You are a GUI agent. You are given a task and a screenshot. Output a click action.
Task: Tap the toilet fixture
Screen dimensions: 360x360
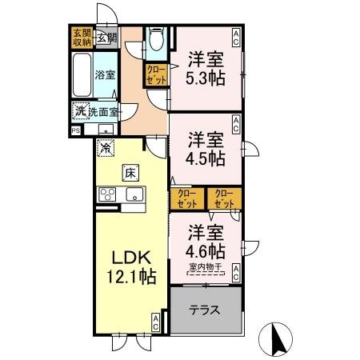point(157,40)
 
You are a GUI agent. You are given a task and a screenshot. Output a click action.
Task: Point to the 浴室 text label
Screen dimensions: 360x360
point(106,75)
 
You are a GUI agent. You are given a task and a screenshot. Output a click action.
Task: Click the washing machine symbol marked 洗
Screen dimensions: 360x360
point(80,111)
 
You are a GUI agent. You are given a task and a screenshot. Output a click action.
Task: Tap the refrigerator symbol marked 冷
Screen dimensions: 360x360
point(105,148)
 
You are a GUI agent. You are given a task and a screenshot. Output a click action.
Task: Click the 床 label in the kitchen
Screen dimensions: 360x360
point(129,172)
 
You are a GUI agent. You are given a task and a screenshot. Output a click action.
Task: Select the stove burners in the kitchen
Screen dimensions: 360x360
point(108,194)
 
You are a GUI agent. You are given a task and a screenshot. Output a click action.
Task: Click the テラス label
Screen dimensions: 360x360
point(206,310)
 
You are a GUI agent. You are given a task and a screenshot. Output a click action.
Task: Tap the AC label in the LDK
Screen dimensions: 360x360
point(156,322)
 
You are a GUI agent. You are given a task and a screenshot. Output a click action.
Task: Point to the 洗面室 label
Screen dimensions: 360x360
point(103,112)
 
